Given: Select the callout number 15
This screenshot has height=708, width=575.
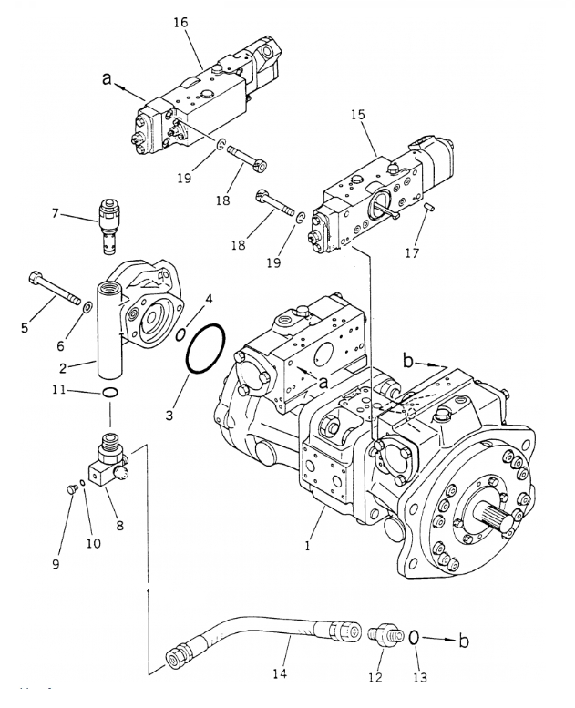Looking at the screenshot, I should coord(358,117).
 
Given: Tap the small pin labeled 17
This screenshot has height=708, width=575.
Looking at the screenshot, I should coord(429,209).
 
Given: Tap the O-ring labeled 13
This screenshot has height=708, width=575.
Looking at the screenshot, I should coord(414,637).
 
